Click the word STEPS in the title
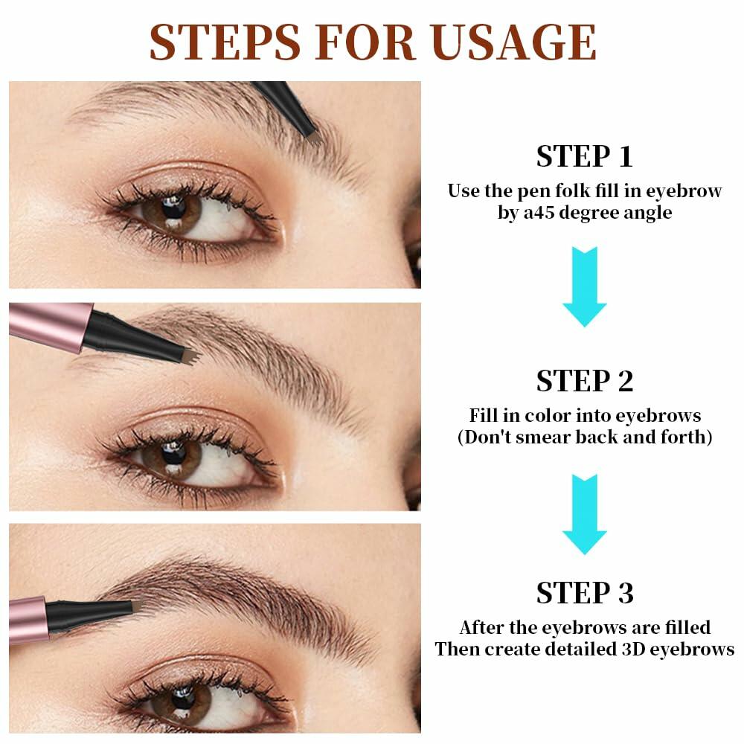click(226, 42)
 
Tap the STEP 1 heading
click(585, 156)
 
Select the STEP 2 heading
click(585, 380)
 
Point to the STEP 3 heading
click(585, 593)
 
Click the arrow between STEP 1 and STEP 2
click(585, 286)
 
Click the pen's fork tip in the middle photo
click(192, 356)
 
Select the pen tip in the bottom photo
click(137, 609)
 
